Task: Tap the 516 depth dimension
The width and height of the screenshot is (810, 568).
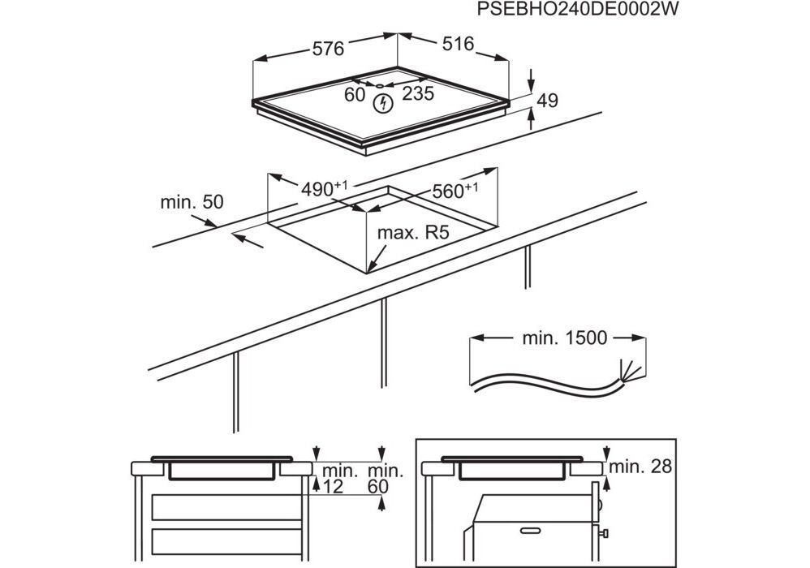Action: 458,45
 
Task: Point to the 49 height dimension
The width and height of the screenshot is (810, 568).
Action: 548,101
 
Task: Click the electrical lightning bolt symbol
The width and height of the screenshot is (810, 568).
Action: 382,103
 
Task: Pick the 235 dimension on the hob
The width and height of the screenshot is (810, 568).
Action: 418,94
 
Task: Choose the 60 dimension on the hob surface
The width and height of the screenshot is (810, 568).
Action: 355,95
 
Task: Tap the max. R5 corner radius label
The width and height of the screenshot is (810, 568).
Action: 413,234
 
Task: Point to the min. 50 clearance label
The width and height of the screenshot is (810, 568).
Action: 192,203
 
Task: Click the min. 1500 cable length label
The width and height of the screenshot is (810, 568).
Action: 562,338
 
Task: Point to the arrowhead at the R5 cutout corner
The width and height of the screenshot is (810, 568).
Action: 370,266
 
